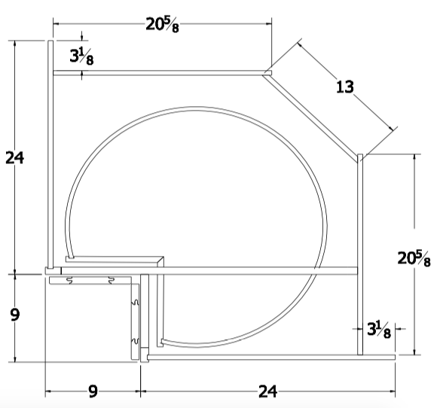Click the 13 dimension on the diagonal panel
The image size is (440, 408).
[x=344, y=87]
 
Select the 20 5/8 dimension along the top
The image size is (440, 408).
[x=163, y=24]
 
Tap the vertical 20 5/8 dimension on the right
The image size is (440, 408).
[x=414, y=258]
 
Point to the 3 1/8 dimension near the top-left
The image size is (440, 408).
[x=81, y=56]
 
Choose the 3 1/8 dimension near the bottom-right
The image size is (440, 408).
[x=378, y=329]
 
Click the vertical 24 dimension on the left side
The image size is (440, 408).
[x=15, y=158]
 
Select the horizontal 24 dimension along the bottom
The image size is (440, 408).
[x=267, y=391]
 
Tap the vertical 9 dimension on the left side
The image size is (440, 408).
[x=15, y=315]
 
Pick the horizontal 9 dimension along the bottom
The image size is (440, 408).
[x=93, y=391]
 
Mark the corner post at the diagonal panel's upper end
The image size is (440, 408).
[x=267, y=73]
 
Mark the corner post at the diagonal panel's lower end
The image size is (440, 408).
[x=360, y=157]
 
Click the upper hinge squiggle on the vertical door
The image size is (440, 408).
[x=136, y=303]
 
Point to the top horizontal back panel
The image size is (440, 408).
[x=158, y=73]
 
